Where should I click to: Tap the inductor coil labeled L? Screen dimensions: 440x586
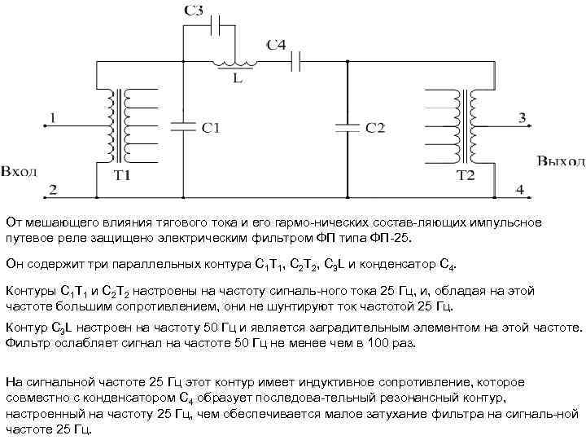[x=234, y=63]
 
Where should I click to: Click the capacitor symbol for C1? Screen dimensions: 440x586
[x=182, y=125]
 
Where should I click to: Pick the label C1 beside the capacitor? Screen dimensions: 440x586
[x=211, y=127]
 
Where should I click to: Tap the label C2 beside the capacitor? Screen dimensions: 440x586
[x=375, y=128]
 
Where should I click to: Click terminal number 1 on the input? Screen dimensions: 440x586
[x=53, y=119]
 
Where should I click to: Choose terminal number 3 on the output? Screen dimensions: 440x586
[x=521, y=119]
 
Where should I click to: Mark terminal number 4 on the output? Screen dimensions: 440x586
[x=519, y=190]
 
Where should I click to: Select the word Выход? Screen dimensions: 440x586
[x=560, y=161]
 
